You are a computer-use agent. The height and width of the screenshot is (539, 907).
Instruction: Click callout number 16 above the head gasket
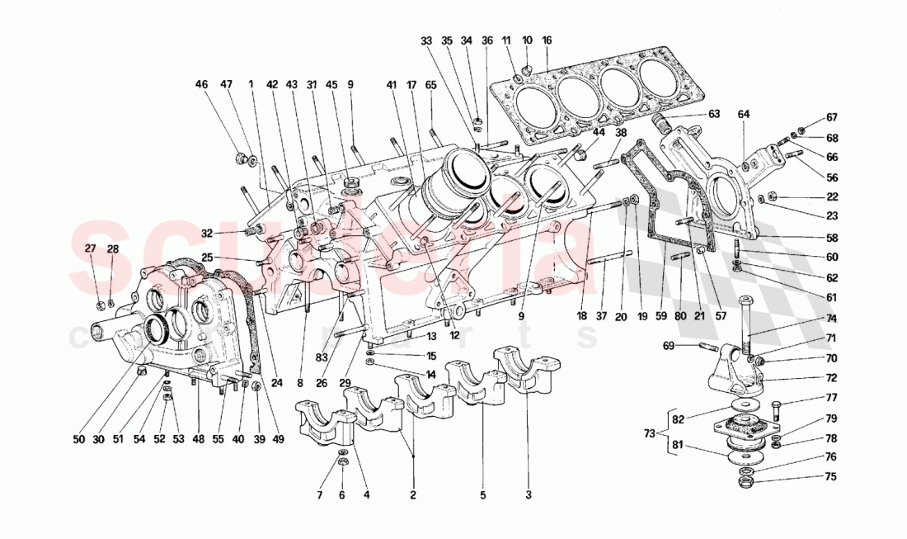(547, 40)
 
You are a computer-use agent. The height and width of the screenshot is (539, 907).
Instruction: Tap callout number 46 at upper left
(201, 83)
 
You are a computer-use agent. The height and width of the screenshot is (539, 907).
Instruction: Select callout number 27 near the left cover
(91, 248)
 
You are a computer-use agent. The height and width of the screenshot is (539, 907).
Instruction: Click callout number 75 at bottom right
(831, 476)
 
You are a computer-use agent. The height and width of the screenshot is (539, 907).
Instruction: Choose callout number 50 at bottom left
(78, 440)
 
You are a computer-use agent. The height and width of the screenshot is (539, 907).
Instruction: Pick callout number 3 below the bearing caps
(529, 495)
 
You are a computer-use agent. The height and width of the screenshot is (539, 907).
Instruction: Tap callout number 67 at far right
(831, 116)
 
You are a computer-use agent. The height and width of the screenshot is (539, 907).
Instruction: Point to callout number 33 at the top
(425, 40)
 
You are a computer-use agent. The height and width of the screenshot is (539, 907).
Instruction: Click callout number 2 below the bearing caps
(412, 495)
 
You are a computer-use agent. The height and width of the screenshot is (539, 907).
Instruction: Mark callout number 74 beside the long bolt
(831, 319)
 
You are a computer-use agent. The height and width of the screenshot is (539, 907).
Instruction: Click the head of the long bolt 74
(747, 300)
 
